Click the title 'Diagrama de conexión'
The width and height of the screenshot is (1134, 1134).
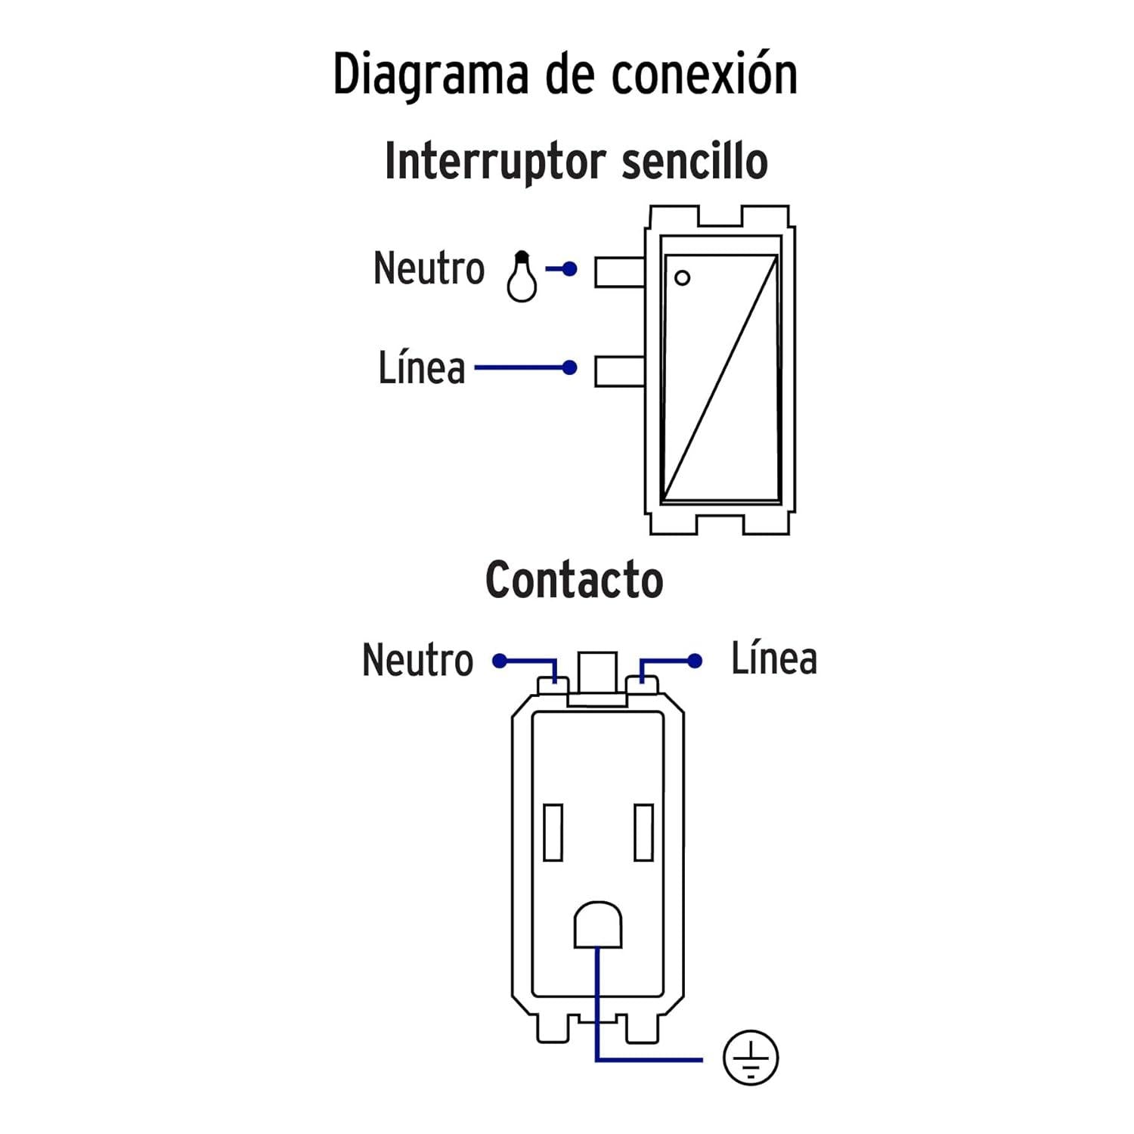[x=565, y=74]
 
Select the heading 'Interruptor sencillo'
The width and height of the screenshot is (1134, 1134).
[x=576, y=161]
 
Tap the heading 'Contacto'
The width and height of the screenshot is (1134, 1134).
[x=575, y=580]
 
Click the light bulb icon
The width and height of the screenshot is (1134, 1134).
[x=522, y=277]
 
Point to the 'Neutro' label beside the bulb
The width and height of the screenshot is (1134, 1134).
[x=429, y=268]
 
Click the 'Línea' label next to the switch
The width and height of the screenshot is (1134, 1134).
[x=422, y=367]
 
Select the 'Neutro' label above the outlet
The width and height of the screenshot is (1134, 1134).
[x=417, y=660]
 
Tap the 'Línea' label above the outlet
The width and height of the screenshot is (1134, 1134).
[x=774, y=658]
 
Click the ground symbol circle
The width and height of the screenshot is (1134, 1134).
[x=751, y=1058]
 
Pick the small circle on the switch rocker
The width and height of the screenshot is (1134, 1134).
[x=682, y=277]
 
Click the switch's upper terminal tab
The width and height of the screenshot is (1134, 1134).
[x=620, y=271]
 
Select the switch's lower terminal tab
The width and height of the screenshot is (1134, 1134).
[x=620, y=371]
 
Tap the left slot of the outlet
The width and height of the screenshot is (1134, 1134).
[x=553, y=832]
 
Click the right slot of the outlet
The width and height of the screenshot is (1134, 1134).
[x=644, y=832]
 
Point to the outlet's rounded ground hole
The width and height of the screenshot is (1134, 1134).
[x=598, y=925]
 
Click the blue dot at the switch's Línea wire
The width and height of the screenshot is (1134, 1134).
[x=570, y=368]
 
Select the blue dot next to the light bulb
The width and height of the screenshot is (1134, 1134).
[x=570, y=269]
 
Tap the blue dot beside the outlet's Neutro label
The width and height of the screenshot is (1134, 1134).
[x=500, y=661]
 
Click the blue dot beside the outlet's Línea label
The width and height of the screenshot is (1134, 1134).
[x=695, y=661]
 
